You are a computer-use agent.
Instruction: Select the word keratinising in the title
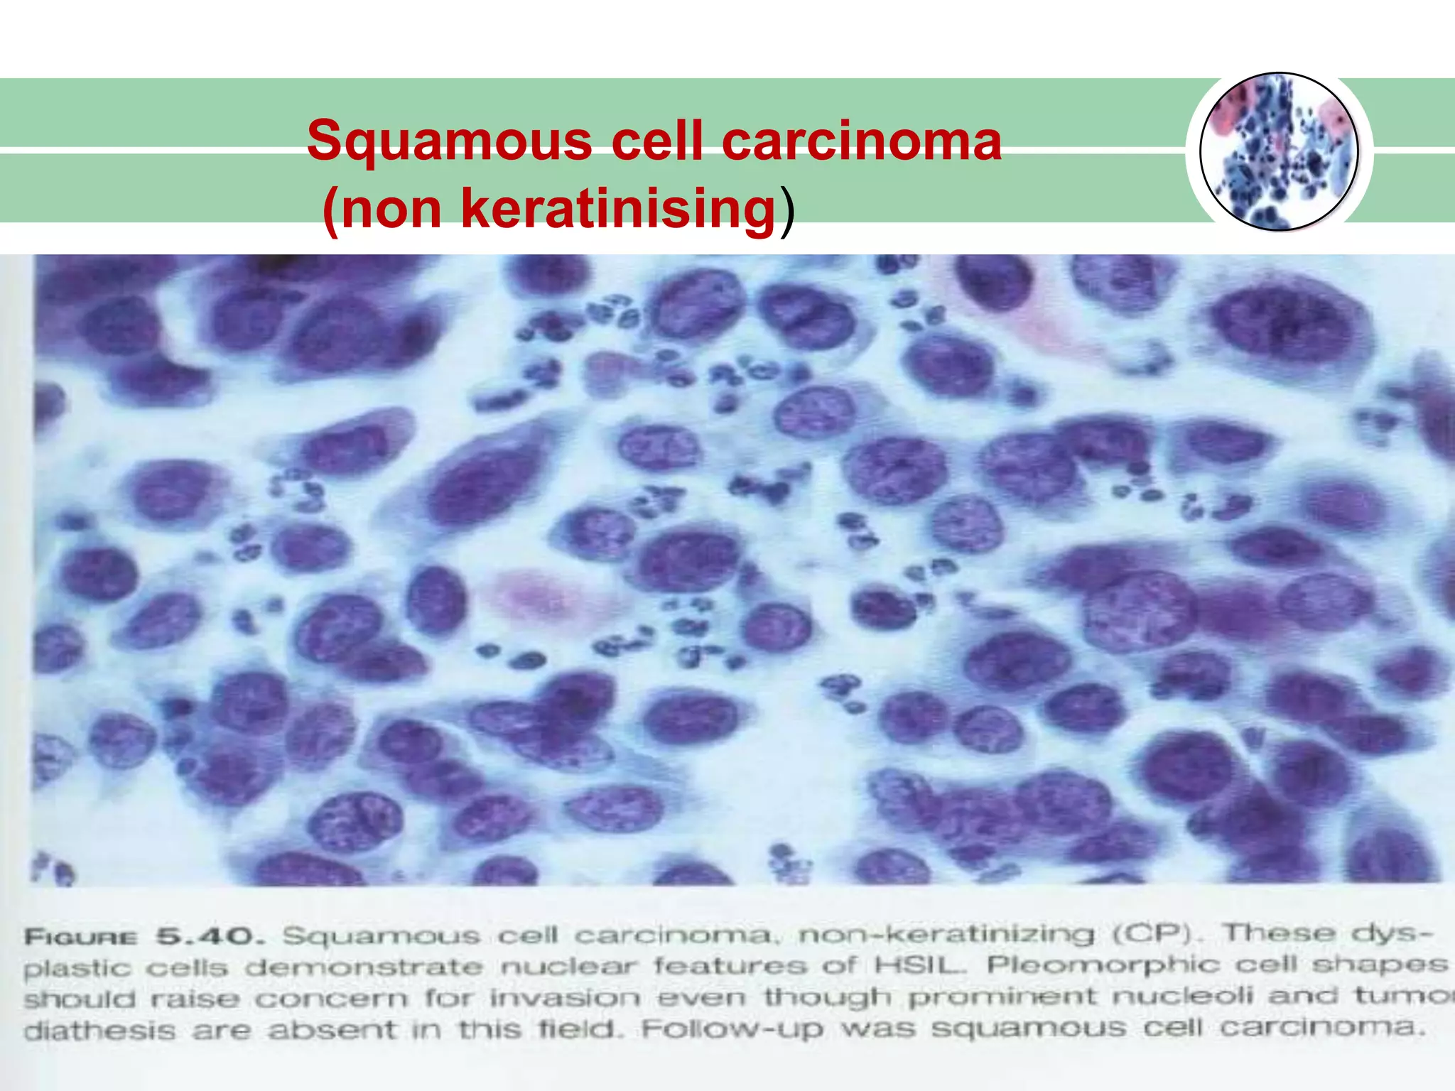point(618,209)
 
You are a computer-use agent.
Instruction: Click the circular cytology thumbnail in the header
point(1279,152)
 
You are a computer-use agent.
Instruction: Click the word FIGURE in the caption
point(80,938)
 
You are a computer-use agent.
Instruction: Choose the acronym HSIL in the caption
point(921,965)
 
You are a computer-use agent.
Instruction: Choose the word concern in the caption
point(331,999)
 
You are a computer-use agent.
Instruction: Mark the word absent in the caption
point(331,1031)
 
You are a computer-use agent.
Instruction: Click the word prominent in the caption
point(1003,997)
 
